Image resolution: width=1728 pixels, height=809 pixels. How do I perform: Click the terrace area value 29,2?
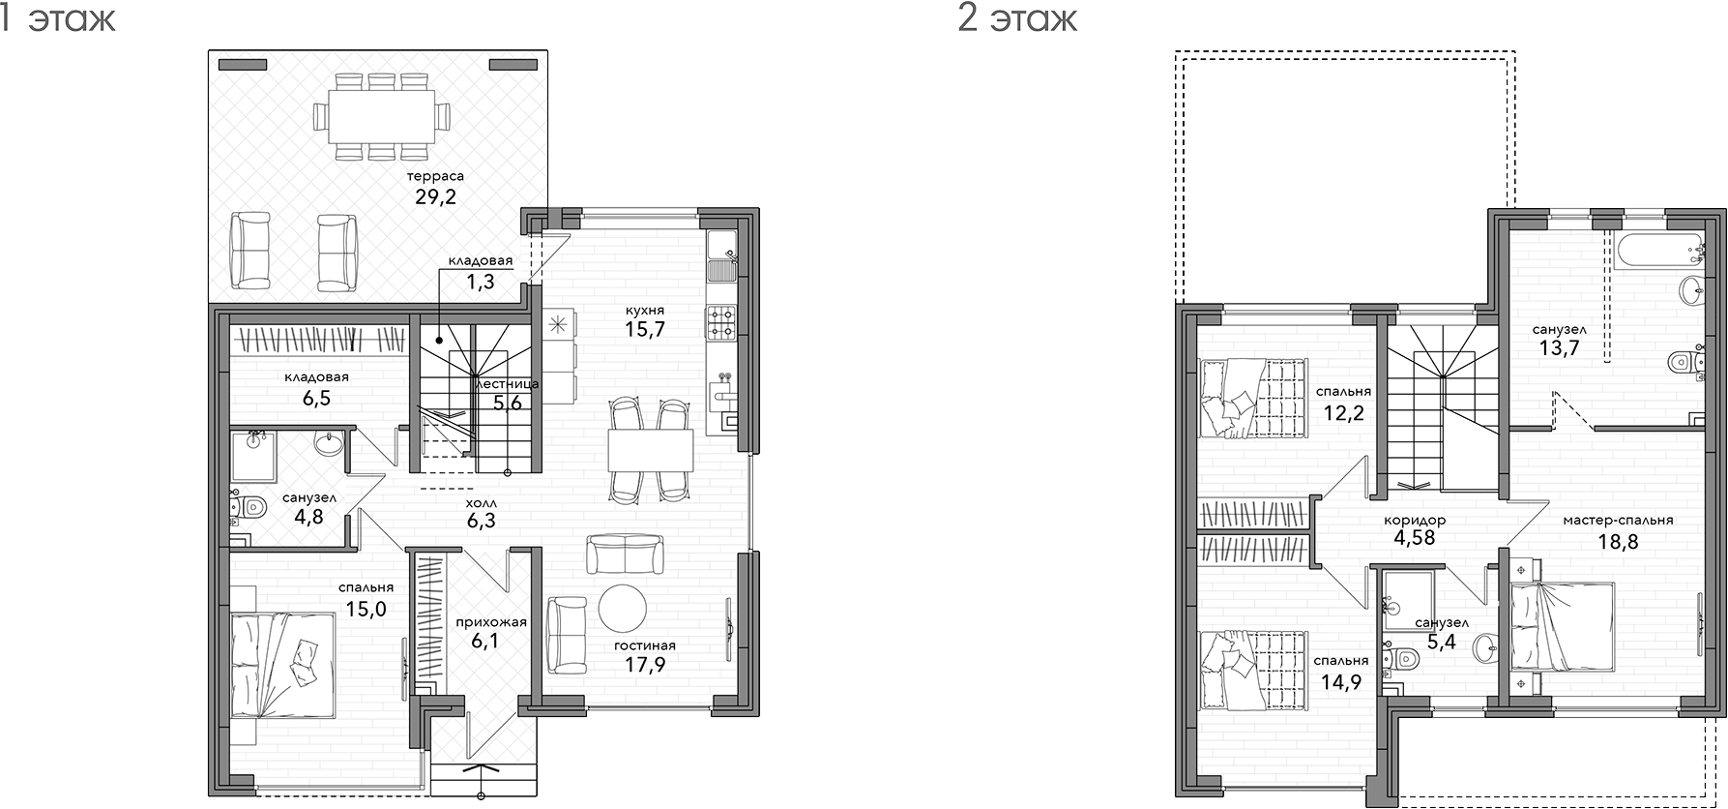coord(435,197)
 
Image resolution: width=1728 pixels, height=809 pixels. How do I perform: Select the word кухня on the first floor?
coord(645,311)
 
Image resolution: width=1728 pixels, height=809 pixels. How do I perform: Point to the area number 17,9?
coord(645,665)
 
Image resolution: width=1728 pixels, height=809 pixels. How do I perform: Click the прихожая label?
coord(491,622)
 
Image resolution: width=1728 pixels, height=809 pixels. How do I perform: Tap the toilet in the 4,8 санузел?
coord(250,505)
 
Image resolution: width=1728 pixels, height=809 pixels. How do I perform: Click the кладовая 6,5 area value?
coord(316,398)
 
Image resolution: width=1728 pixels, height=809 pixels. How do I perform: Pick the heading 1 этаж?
coord(57,18)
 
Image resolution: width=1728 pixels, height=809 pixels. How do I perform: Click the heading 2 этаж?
coord(1017,18)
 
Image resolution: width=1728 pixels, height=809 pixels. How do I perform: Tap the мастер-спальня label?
coord(1618,520)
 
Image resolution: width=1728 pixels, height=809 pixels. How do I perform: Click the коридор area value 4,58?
coord(1415,539)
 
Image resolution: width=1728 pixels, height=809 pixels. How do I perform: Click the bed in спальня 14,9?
coord(1253,671)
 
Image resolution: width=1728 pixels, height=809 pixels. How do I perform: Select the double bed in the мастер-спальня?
coord(1563,626)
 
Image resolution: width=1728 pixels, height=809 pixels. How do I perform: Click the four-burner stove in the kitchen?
coord(721,321)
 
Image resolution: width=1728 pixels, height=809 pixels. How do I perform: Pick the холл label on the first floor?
coord(481,503)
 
